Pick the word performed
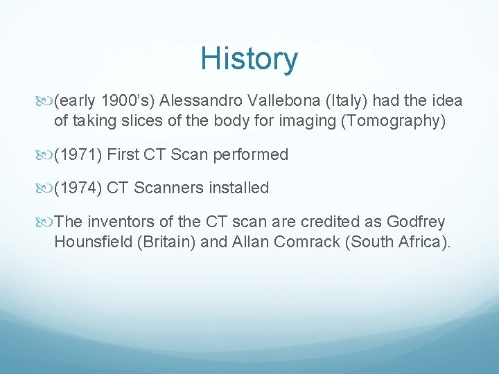254,154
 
